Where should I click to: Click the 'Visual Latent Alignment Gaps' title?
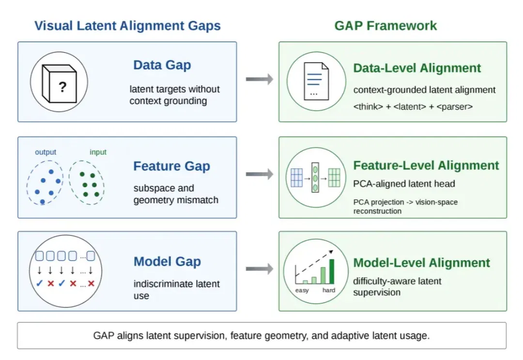[127, 26]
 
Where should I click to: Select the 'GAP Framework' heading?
[385, 26]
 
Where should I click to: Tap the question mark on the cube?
[62, 87]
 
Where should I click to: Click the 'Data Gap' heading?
[162, 65]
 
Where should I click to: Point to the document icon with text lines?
[316, 81]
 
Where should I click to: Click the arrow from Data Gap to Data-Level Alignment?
[260, 79]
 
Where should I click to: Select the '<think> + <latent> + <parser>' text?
[413, 106]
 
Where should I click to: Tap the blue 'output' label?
[46, 152]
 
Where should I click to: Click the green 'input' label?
[98, 152]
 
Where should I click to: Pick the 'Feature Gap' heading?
[172, 166]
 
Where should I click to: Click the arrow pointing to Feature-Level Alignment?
[260, 174]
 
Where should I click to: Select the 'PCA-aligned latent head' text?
[404, 184]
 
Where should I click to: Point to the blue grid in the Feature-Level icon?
[296, 178]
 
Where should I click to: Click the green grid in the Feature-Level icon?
[334, 178]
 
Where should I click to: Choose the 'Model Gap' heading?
[167, 262]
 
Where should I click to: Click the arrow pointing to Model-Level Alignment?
[260, 269]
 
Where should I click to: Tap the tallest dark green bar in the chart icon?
[332, 271]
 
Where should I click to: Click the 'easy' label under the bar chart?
[302, 290]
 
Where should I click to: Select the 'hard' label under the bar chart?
[329, 290]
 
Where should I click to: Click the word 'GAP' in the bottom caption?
[104, 335]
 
